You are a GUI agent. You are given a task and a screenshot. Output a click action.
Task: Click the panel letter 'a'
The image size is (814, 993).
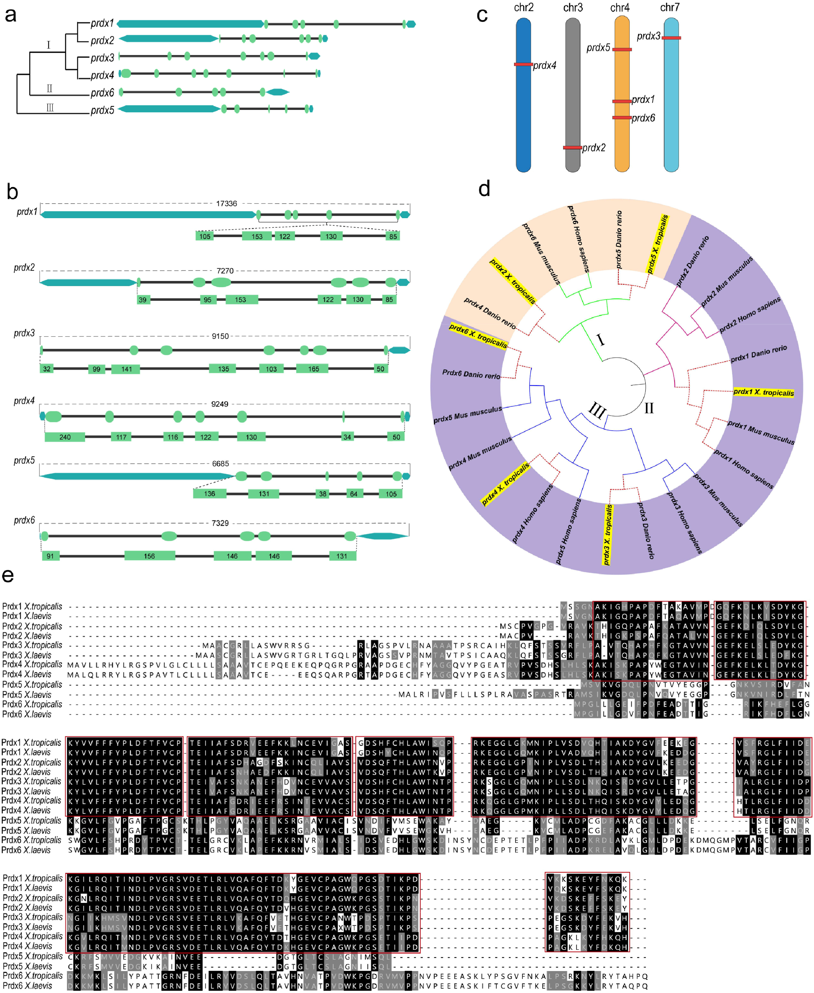(x=10, y=15)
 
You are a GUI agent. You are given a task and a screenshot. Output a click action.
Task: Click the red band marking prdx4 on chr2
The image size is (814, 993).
(x=523, y=64)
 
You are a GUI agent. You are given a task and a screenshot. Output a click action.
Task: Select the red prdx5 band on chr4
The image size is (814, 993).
(x=622, y=49)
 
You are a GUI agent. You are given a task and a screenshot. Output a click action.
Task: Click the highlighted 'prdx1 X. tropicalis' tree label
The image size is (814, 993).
(x=763, y=393)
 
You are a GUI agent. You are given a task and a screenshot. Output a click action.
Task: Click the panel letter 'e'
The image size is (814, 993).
(x=8, y=576)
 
